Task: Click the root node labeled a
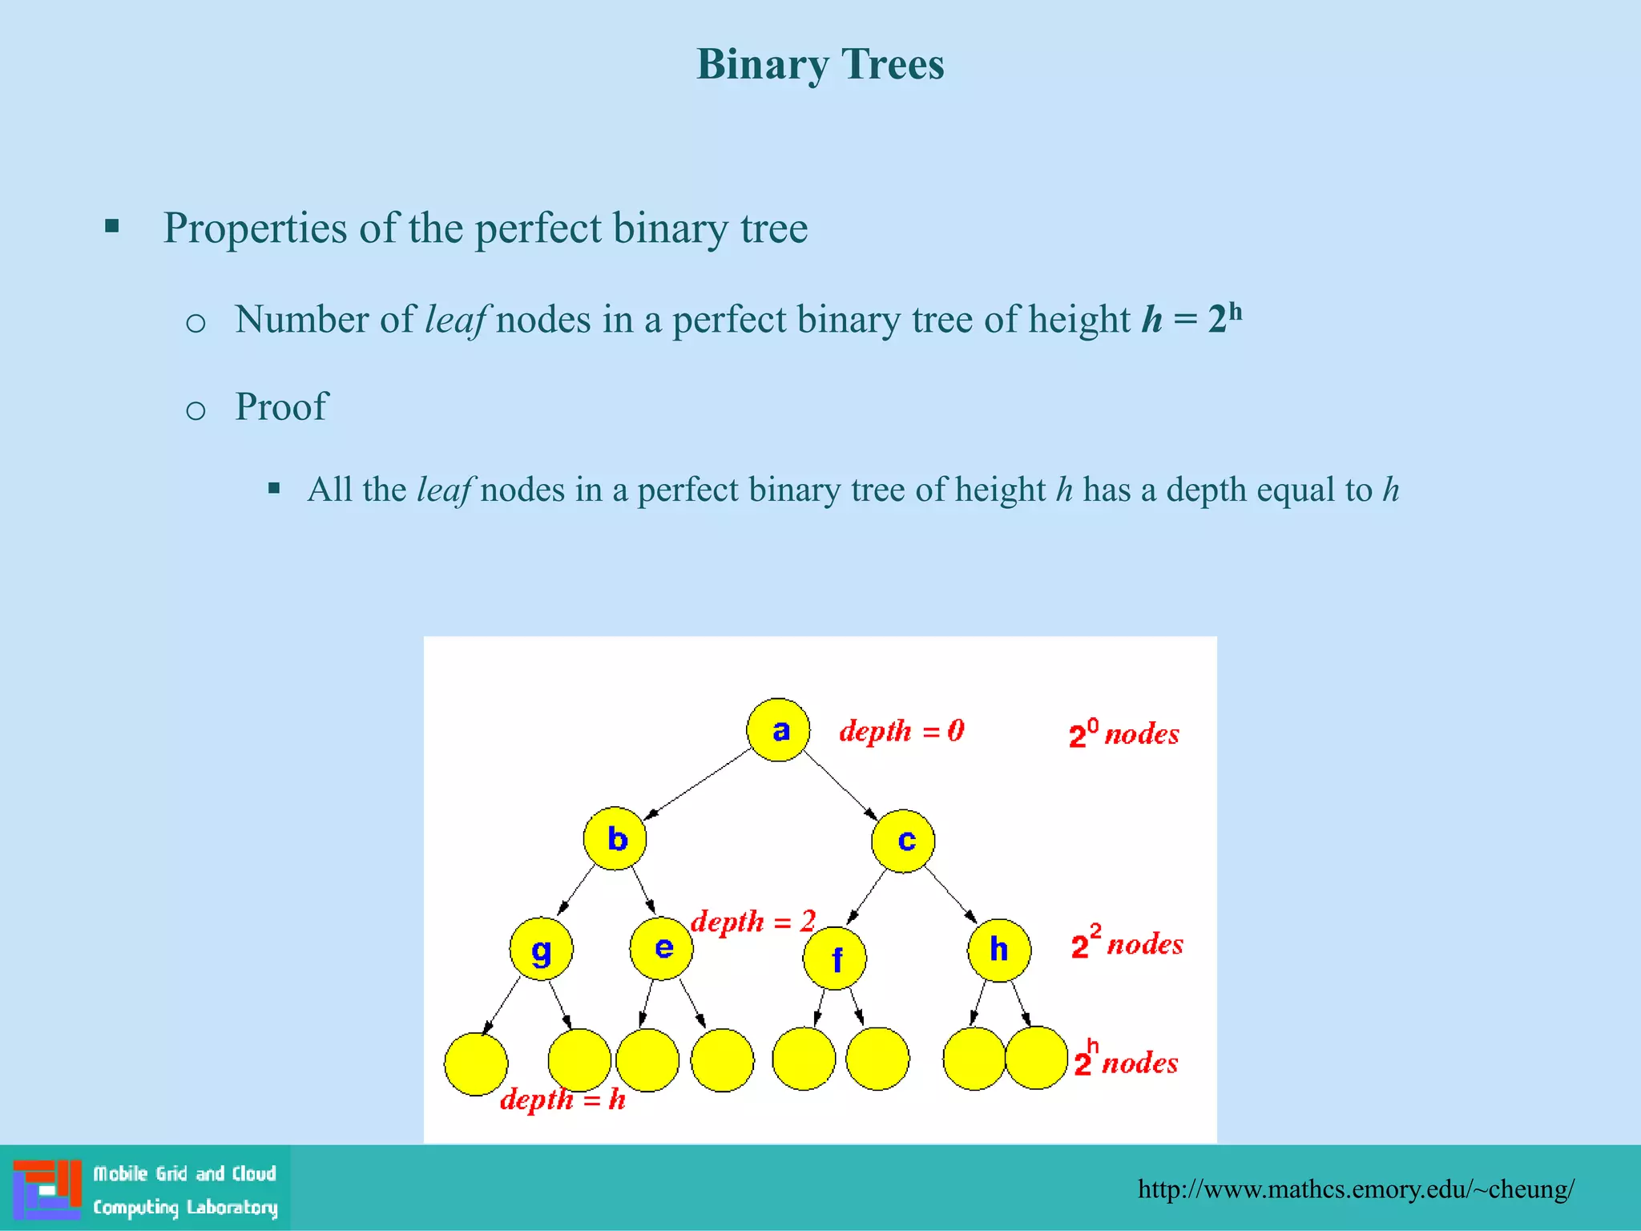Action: (x=778, y=730)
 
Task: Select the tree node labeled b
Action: (x=615, y=838)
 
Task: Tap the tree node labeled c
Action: (x=903, y=841)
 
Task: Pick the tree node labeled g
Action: (x=542, y=949)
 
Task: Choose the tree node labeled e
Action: (x=662, y=948)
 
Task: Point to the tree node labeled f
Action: (x=835, y=959)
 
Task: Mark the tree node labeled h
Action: (x=999, y=950)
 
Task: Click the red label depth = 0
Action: (x=901, y=731)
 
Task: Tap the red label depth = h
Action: (x=562, y=1100)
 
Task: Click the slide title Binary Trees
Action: (x=820, y=64)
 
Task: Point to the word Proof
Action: (x=281, y=406)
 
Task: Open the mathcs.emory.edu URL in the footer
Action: (x=1356, y=1189)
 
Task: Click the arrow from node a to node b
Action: (x=696, y=785)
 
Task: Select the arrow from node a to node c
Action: (x=841, y=785)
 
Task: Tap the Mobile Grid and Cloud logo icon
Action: (x=47, y=1189)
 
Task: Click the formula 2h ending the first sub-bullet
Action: (x=1225, y=318)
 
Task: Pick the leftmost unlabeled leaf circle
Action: (x=476, y=1064)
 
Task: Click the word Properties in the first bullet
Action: (x=256, y=228)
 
